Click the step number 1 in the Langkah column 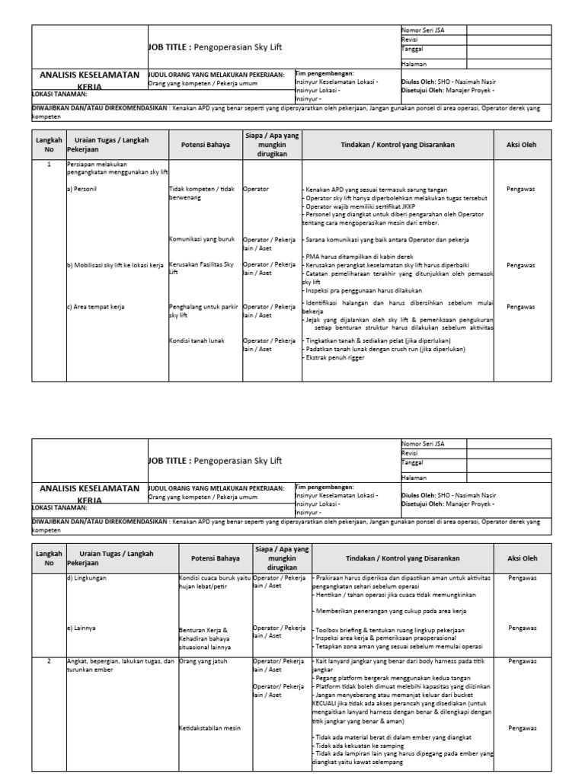click(x=50, y=165)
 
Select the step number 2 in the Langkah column click(x=50, y=661)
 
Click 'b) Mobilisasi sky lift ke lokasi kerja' click(x=115, y=265)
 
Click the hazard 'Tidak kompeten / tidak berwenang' click(x=203, y=192)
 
